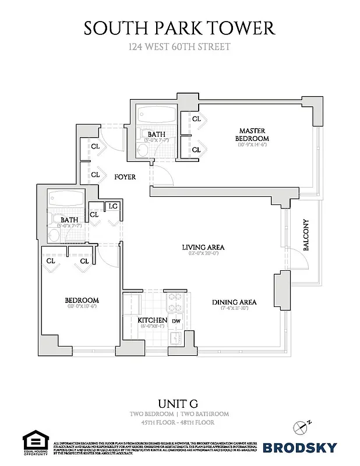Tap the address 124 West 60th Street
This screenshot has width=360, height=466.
point(179,46)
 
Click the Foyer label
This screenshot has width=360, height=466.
point(125,176)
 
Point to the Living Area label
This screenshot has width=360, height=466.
point(203,247)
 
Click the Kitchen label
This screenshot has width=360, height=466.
point(153,320)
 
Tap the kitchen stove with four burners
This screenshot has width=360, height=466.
point(175,302)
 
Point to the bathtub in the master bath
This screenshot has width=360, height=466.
point(157,114)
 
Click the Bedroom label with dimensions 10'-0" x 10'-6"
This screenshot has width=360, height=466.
point(82,301)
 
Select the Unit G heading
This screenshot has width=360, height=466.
point(179,403)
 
